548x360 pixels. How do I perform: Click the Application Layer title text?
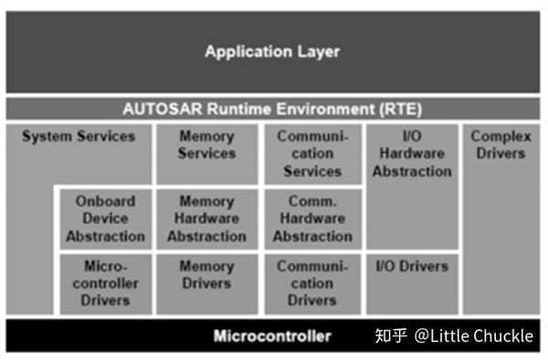pos(272,51)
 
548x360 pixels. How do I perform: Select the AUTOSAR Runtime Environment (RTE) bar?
pos(272,109)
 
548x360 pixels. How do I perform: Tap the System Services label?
pos(79,137)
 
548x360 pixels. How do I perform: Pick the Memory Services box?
pos(205,152)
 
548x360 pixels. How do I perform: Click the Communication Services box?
pos(311,154)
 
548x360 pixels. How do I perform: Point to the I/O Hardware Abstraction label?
pos(411,154)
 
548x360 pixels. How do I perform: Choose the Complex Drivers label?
pos(501,144)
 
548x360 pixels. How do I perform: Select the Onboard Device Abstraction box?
pos(105,218)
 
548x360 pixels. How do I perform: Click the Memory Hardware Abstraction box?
pos(205,218)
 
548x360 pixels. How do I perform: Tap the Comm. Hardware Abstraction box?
pos(311,218)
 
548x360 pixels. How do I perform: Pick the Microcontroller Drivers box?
pos(105,283)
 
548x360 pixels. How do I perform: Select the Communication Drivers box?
pos(311,283)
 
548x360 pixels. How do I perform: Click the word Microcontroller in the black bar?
pos(272,336)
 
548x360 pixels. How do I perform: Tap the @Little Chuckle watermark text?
pos(473,336)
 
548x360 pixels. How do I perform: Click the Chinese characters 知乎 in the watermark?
pos(390,336)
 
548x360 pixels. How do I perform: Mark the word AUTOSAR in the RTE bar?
pos(158,109)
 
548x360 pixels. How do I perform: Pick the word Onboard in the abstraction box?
pos(105,201)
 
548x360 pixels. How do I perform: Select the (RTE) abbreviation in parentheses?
pos(402,109)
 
